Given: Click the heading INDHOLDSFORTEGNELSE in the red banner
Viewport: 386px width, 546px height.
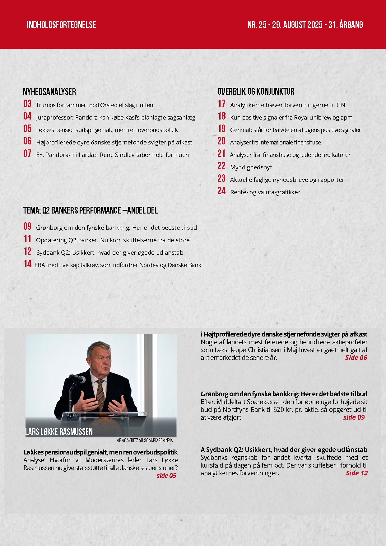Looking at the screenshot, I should pos(61,25).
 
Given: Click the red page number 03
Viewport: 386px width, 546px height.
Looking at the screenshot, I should pos(27,104).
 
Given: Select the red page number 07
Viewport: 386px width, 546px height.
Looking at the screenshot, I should pos(27,153).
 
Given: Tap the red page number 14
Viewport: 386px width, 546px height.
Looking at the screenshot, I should pos(28,264).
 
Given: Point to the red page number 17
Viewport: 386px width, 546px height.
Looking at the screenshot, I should pos(221,104).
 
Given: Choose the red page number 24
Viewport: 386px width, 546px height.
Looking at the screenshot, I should pos(221,191).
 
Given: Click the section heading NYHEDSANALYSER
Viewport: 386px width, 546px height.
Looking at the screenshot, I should pos(49,92).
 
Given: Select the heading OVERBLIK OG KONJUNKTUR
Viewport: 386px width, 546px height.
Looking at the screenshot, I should pos(256,92).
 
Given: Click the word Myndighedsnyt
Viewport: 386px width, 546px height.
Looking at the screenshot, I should pos(251,167).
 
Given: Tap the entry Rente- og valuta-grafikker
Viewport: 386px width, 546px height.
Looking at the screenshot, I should pos(265,192).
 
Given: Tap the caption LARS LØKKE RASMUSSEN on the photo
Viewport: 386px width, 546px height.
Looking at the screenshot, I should pos(59,432).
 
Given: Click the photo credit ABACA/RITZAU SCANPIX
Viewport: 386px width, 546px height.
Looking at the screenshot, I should pos(145,440).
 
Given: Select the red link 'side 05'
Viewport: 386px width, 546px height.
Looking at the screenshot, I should pos(166,476).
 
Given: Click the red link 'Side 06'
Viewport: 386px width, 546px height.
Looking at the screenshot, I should pos(356,358).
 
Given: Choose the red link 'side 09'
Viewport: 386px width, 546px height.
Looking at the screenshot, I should pos(354,417).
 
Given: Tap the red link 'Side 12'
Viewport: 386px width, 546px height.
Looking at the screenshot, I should pos(356,473).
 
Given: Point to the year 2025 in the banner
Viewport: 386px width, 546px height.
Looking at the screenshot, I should pos(315,25).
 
